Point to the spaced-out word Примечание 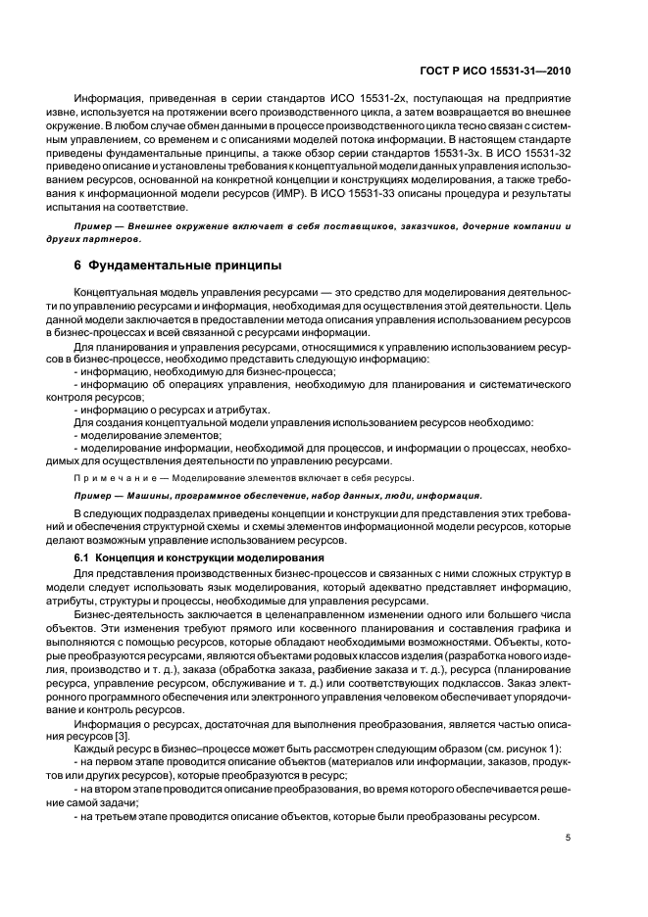coord(111,478)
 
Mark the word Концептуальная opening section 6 coord(121,294)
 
